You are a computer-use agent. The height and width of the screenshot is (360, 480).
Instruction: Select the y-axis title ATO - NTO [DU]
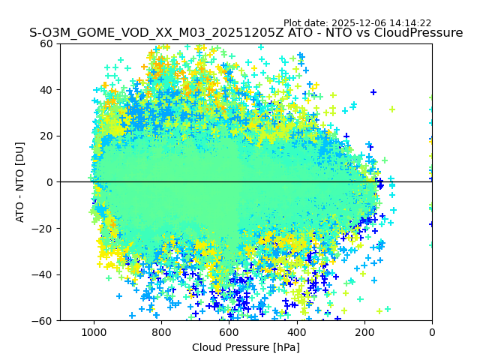coord(21,182)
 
